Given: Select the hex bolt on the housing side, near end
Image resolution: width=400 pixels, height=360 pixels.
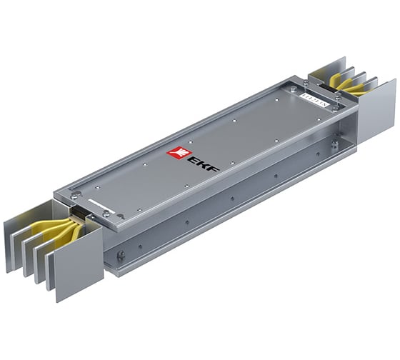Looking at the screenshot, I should pyautogui.click(x=121, y=255).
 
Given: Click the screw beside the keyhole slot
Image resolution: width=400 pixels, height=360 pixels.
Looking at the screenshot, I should pyautogui.click(x=105, y=213).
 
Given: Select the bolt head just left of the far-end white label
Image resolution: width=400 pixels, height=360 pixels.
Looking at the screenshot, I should pyautogui.click(x=294, y=91).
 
